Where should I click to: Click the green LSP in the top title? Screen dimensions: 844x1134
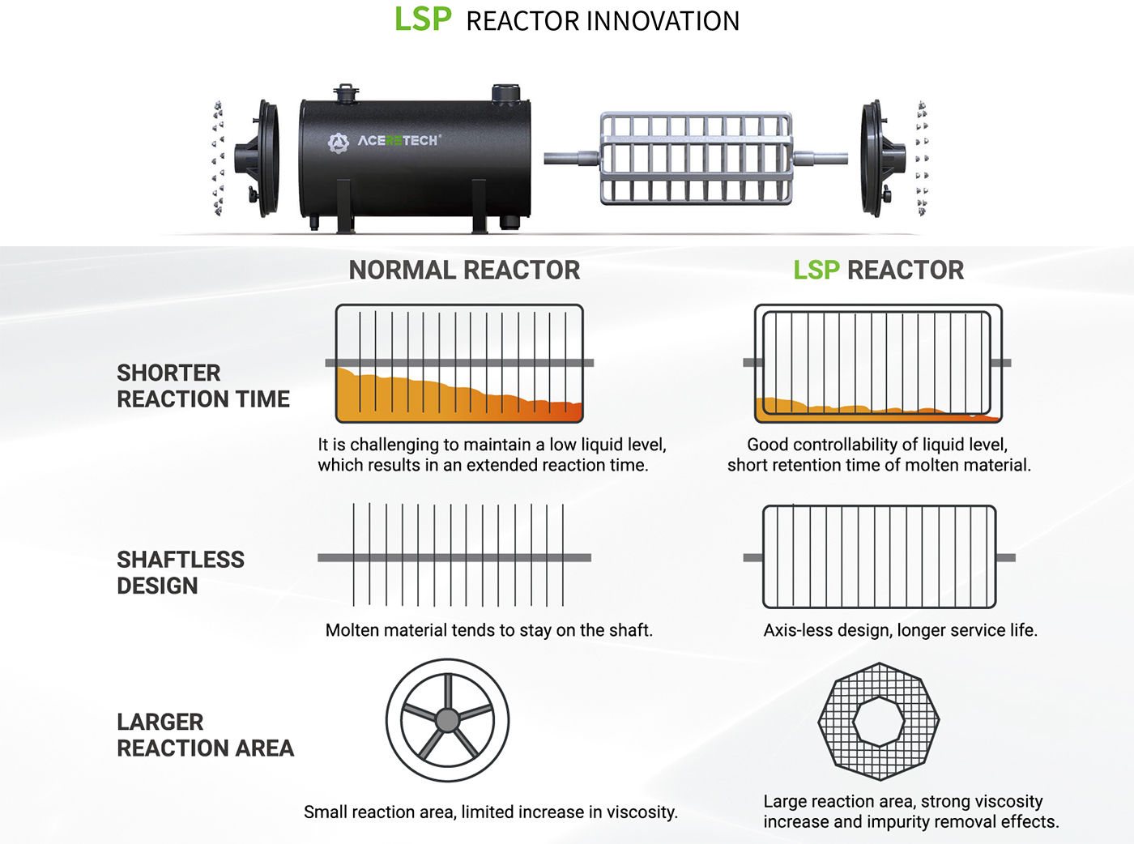coord(422,19)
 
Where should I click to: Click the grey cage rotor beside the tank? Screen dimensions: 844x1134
coord(695,158)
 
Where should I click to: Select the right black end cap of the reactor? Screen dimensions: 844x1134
coord(880,158)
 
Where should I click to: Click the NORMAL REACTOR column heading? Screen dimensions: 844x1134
coord(464,271)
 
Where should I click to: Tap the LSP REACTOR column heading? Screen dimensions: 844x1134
coord(878,271)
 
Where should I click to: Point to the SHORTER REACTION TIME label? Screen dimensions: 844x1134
coord(202,386)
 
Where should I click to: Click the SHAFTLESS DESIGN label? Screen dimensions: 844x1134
coord(180,573)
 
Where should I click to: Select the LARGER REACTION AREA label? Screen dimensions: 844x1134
coord(205,735)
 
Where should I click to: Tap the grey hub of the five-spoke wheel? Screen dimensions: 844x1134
coord(447,719)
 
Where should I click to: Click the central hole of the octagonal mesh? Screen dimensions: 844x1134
coord(878,721)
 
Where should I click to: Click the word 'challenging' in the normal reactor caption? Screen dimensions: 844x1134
coord(394,445)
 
